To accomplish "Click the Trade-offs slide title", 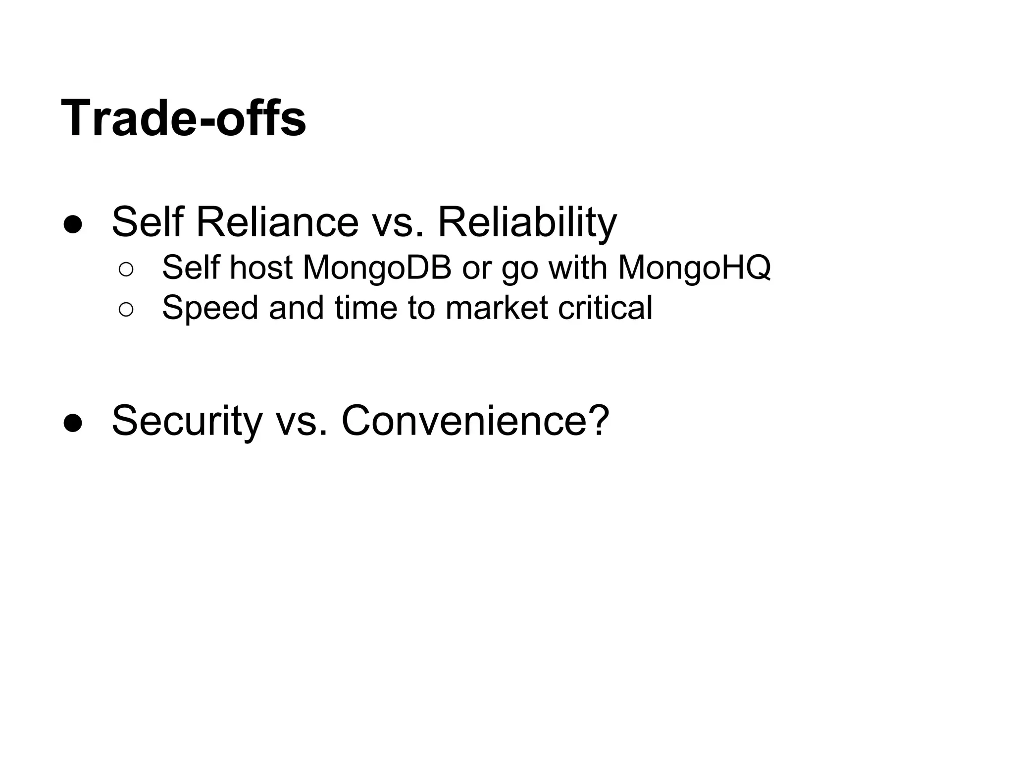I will [x=183, y=119].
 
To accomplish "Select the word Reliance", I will [x=277, y=222].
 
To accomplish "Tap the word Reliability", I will [x=527, y=222].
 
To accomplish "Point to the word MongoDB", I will [x=377, y=268].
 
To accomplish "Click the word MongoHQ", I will [x=694, y=268].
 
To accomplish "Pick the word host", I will [x=261, y=268].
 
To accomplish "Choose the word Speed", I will [x=210, y=308].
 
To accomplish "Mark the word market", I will [x=497, y=308].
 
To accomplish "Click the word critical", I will [x=605, y=308].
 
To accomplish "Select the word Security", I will [x=187, y=421].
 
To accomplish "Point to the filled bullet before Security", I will [x=73, y=423].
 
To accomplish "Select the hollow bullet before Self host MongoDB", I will [x=126, y=270].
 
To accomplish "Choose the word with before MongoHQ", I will [x=578, y=268].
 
